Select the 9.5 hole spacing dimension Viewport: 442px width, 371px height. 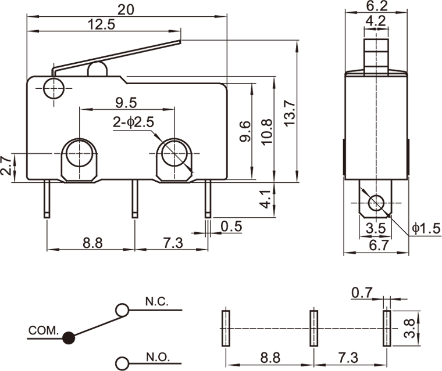[x=126, y=103]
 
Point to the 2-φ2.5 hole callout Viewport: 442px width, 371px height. [x=133, y=123]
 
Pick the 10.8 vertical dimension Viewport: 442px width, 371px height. [x=267, y=131]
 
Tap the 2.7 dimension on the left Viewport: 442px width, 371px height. [x=5, y=166]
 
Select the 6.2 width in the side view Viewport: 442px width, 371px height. [x=377, y=6]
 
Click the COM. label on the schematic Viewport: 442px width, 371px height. [x=43, y=330]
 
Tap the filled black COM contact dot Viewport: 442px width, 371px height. [x=69, y=337]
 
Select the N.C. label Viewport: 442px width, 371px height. [x=156, y=302]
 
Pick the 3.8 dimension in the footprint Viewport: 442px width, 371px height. [x=410, y=328]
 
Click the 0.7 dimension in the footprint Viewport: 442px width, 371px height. [x=362, y=294]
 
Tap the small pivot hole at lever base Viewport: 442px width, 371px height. [x=53, y=89]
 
